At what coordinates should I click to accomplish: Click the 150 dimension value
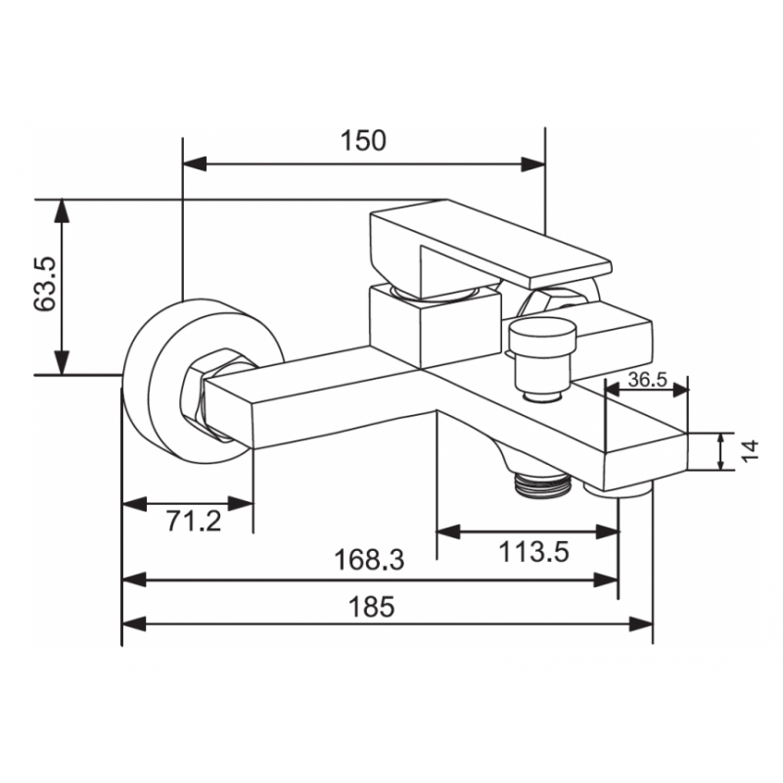(x=363, y=140)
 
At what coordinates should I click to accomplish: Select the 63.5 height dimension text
(x=45, y=284)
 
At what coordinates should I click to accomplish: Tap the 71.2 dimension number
(x=194, y=522)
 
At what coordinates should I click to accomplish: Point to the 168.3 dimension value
(x=369, y=559)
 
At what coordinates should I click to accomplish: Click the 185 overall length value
(x=372, y=607)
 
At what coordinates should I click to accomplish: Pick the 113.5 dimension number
(x=533, y=552)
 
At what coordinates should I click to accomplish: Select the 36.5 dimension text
(x=647, y=380)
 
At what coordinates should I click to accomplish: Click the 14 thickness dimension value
(x=750, y=451)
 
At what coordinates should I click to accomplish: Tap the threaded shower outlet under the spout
(x=541, y=484)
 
